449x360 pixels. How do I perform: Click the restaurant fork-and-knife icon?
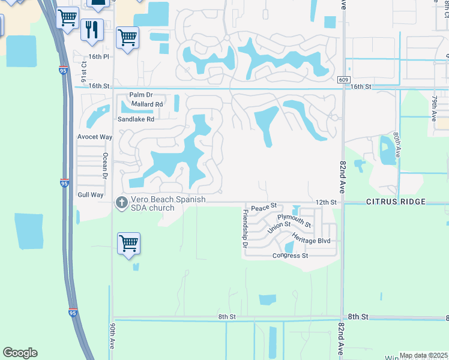[x=92, y=29]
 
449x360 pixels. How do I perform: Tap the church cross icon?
[x=121, y=203]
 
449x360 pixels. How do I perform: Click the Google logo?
[x=20, y=353]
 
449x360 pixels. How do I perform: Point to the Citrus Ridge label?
[x=396, y=202]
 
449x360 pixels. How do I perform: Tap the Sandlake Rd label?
[x=136, y=119]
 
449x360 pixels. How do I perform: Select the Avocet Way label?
[x=95, y=137]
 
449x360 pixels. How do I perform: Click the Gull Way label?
[x=91, y=195]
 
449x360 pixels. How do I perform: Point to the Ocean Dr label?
[x=104, y=166]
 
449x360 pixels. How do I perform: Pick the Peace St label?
[x=263, y=208]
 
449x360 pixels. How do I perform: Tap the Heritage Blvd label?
[x=311, y=241]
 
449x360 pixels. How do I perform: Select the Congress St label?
[x=290, y=256]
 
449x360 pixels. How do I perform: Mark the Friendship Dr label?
[x=245, y=229]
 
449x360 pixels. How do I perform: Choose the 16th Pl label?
[x=99, y=56]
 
